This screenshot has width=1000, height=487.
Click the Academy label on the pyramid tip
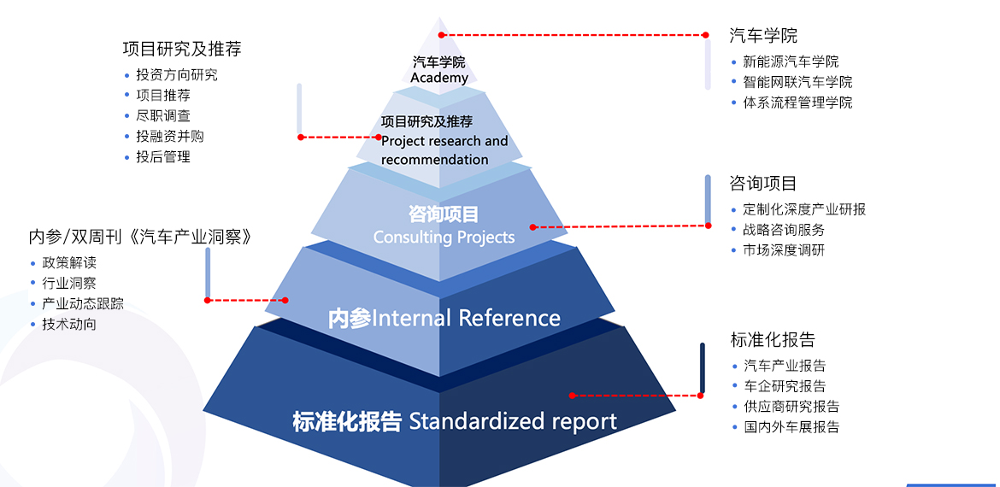[439, 78]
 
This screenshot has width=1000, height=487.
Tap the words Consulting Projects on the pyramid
[444, 237]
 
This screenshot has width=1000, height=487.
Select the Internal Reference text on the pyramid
[467, 319]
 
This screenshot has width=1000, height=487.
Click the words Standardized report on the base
[513, 421]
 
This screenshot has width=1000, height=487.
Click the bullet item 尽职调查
[163, 115]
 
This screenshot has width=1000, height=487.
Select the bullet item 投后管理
[163, 156]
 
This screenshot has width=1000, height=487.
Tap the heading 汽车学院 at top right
[763, 36]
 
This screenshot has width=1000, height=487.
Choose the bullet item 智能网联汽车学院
[797, 82]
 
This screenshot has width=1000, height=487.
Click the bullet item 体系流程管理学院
[797, 103]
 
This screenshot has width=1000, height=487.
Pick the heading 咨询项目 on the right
[763, 183]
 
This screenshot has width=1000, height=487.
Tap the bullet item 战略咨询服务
[784, 229]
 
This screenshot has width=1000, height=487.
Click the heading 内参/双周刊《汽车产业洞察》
[141, 237]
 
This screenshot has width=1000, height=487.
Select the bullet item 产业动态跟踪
[83, 303]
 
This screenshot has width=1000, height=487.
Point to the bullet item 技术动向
[69, 324]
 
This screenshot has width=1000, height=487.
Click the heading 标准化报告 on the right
[773, 340]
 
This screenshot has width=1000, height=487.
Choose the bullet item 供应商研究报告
[791, 407]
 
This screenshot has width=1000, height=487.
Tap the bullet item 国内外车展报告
[791, 427]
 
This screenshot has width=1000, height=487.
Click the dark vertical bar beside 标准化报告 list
[702, 368]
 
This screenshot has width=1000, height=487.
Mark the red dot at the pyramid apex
[442, 35]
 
